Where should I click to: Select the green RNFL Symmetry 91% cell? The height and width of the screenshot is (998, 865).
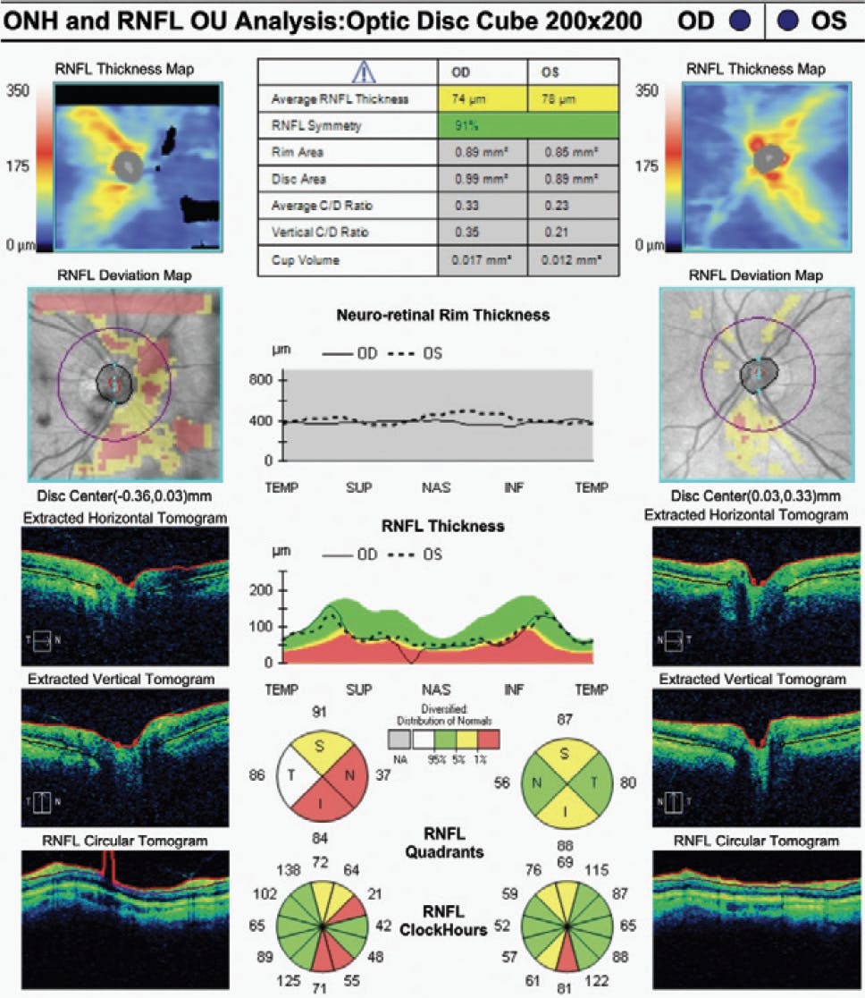(x=527, y=126)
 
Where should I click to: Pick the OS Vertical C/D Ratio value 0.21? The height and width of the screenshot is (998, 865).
(x=554, y=232)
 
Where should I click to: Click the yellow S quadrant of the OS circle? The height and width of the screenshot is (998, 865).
(x=564, y=753)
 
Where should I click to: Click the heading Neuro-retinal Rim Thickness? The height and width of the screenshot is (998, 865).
(x=442, y=315)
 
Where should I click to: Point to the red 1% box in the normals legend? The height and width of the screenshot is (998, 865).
(x=488, y=738)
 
